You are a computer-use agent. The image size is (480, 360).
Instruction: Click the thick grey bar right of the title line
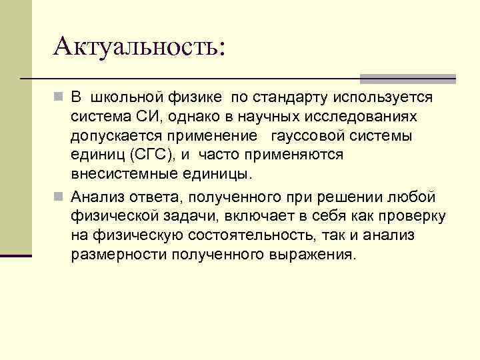click(407, 79)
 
